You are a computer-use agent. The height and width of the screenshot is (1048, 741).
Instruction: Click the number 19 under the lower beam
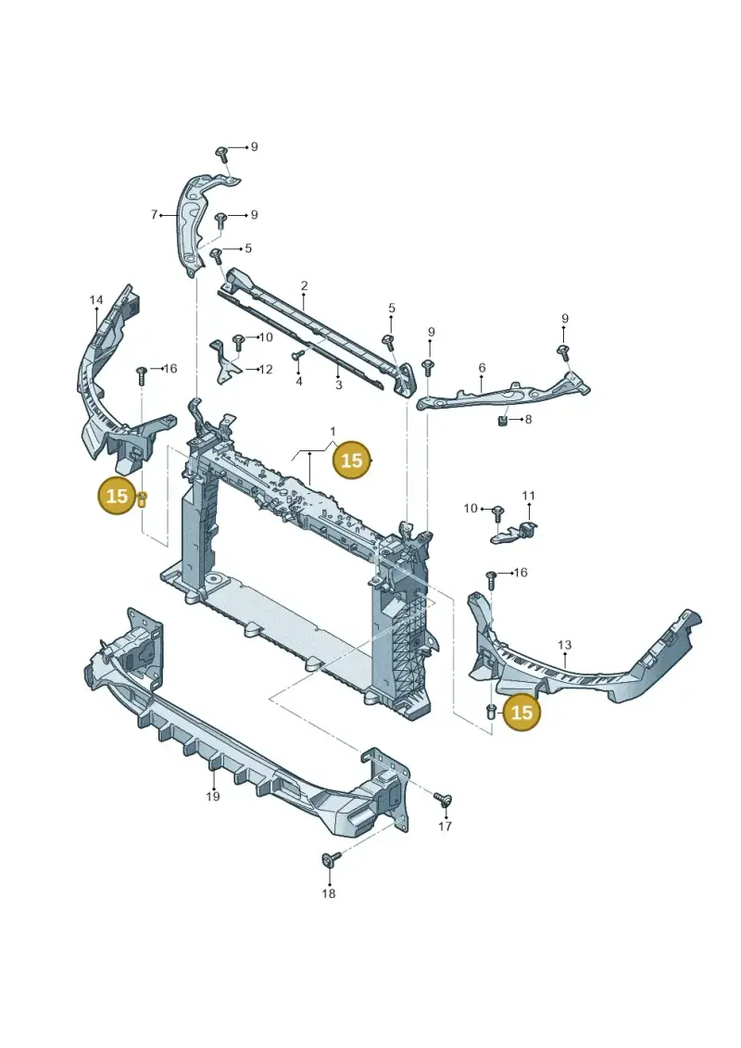pos(212,796)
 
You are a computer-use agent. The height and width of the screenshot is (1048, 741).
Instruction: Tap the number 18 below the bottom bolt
pos(328,893)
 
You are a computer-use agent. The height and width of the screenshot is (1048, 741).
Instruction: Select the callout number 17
pos(445,827)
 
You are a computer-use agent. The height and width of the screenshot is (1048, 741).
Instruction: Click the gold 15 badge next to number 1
pos(351,461)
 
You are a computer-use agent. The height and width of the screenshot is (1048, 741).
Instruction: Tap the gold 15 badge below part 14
pos(117,496)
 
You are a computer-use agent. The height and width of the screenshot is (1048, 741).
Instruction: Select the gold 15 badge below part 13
pos(521,713)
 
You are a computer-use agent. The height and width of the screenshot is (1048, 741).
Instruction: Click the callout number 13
pos(565,645)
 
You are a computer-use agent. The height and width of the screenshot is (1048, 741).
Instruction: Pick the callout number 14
pos(96,300)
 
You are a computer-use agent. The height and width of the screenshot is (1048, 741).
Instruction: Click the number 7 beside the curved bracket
pos(154,215)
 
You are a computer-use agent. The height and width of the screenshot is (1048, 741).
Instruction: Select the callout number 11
pos(529,495)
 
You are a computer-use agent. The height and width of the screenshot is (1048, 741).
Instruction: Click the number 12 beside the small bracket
pos(266,369)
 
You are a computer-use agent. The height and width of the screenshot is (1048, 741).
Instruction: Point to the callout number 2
pos(304,286)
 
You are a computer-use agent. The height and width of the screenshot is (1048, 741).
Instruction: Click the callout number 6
pos(482,368)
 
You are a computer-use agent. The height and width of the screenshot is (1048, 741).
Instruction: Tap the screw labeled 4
pos(299,355)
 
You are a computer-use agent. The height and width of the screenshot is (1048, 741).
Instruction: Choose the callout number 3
pos(339,385)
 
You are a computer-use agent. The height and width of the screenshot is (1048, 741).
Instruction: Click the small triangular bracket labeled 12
pos(226,362)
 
